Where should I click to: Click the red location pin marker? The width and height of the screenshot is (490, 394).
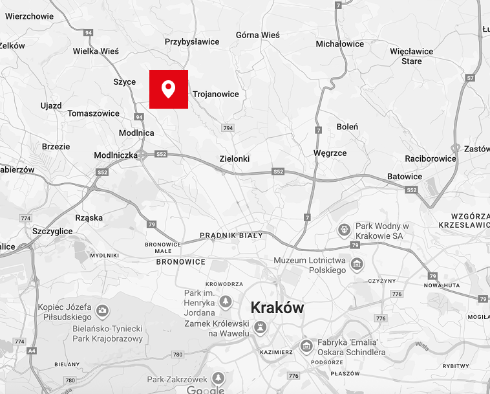pyautogui.click(x=169, y=89)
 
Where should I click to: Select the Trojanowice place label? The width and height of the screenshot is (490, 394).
pyautogui.click(x=215, y=94)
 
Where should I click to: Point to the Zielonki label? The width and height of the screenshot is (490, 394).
pyautogui.click(x=234, y=159)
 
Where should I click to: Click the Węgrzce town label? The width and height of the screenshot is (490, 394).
pyautogui.click(x=330, y=153)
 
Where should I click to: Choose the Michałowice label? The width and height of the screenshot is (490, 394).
pyautogui.click(x=339, y=44)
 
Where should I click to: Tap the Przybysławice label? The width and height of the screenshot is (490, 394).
pyautogui.click(x=192, y=42)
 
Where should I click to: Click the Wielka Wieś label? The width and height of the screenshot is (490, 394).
pyautogui.click(x=96, y=51)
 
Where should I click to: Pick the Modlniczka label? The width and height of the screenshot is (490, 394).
pyautogui.click(x=116, y=155)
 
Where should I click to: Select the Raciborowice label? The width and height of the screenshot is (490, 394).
pyautogui.click(x=431, y=159)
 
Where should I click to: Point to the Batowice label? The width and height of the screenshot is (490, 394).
pyautogui.click(x=405, y=177)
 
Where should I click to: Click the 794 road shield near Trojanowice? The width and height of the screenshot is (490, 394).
pyautogui.click(x=228, y=128)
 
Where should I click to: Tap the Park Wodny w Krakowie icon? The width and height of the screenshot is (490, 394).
pyautogui.click(x=345, y=229)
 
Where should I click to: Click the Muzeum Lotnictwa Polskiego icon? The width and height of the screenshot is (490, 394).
pyautogui.click(x=356, y=263)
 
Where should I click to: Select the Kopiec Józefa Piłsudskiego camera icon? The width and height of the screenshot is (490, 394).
pyautogui.click(x=102, y=311)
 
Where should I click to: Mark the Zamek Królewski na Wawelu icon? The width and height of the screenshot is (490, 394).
pyautogui.click(x=261, y=328)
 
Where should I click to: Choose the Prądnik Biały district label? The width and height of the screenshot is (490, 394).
pyautogui.click(x=231, y=235)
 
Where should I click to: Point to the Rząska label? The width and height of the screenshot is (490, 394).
pyautogui.click(x=89, y=218)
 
